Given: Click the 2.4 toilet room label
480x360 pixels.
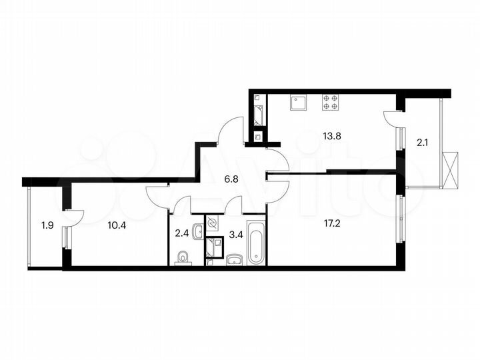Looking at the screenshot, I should pos(181,233).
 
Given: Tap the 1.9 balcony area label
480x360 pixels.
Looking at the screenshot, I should pos(47,225).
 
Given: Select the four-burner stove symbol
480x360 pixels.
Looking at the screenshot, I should pos(330,103).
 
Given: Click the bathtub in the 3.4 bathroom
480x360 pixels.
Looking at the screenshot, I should pos(256,246).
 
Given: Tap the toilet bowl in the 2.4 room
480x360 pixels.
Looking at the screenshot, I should pos(183,257).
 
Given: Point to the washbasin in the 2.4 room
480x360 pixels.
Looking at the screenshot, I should pos(197,233).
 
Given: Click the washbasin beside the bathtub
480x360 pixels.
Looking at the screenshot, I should pos(234,259).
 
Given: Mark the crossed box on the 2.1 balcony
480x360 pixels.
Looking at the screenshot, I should pos(451,170).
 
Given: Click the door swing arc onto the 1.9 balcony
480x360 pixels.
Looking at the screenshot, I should pos(75,218).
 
